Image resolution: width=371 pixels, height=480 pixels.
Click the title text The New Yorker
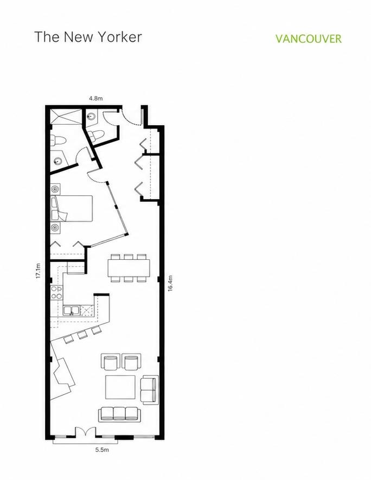(88, 37)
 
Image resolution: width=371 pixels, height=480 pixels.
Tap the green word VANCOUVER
(308, 39)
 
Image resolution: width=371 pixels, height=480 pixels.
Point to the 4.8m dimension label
(96, 98)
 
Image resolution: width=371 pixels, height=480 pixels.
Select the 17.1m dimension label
(38, 271)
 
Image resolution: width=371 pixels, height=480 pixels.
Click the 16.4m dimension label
(170, 284)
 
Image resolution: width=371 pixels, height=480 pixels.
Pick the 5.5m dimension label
(102, 450)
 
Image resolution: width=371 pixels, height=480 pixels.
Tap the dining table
(129, 268)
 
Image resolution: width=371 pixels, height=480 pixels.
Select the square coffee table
(120, 387)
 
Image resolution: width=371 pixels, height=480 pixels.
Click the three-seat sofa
(119, 414)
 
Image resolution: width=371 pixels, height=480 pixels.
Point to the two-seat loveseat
(149, 389)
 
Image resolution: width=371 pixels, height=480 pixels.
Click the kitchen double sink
(71, 310)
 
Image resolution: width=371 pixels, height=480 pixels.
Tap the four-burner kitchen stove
(56, 292)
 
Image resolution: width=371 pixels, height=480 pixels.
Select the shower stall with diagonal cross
(66, 117)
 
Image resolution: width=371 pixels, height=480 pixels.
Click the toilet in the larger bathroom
(58, 140)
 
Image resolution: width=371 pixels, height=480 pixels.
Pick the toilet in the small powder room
(96, 135)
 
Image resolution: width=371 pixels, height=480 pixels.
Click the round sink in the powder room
(91, 117)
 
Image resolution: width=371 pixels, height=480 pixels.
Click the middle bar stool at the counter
(82, 335)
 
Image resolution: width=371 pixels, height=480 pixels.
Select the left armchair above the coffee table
(110, 362)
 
